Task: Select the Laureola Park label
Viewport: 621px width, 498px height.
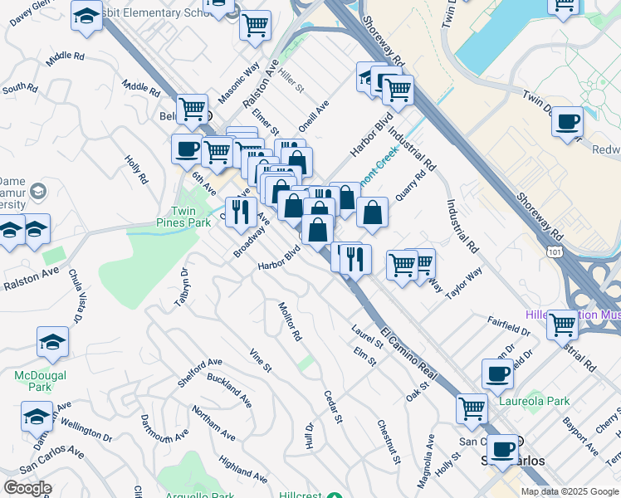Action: click(535, 401)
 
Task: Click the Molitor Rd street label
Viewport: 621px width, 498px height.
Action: click(290, 322)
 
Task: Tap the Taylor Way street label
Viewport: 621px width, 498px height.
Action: click(463, 283)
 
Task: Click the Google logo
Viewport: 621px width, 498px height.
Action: click(28, 488)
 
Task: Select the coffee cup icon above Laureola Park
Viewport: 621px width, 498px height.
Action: click(497, 373)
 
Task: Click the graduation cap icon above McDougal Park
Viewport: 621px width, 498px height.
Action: click(52, 340)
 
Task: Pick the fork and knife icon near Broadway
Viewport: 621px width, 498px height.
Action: click(240, 211)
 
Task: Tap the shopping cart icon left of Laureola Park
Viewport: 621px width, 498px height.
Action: click(472, 408)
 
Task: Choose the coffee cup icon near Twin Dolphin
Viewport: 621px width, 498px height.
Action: click(567, 122)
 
